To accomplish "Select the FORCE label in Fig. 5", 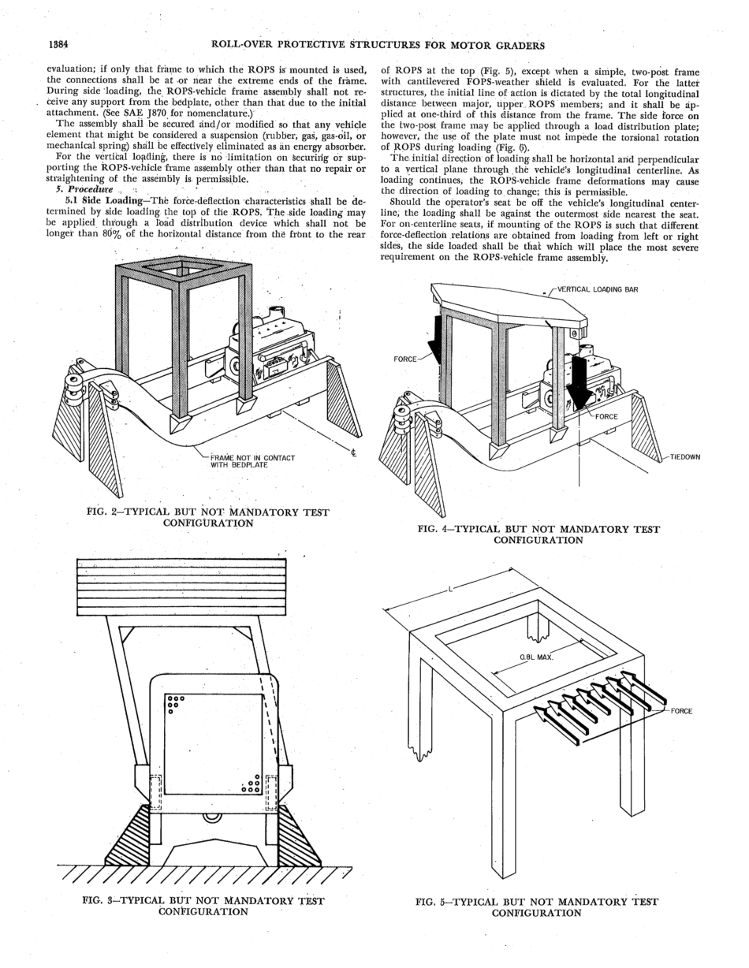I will (x=681, y=711).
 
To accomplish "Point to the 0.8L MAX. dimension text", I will (x=536, y=657).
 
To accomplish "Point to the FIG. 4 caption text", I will (x=538, y=534).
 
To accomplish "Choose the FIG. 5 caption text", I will (x=536, y=907).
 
